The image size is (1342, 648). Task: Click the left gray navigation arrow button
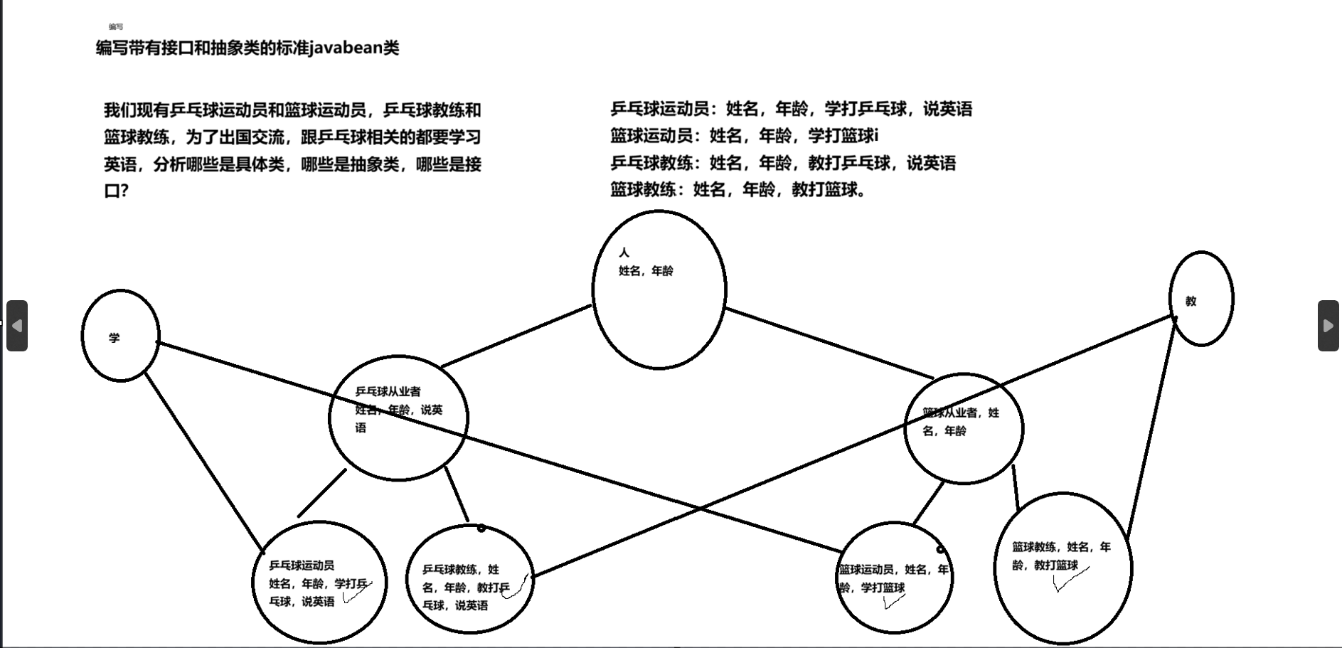click(17, 326)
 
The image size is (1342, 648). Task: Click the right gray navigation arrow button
click(1328, 326)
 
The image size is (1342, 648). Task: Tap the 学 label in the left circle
click(115, 338)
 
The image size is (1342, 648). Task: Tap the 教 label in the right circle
click(1191, 302)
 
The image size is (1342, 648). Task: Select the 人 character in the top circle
click(624, 253)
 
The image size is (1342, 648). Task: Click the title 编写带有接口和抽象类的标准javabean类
click(247, 48)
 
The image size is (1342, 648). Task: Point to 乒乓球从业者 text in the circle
click(388, 391)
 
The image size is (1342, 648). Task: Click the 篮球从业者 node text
click(952, 413)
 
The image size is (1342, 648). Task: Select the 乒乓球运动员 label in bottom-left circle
click(302, 565)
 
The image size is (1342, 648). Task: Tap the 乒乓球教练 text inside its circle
click(449, 570)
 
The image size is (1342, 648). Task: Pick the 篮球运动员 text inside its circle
click(866, 570)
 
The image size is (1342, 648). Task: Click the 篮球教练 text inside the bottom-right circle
click(1034, 547)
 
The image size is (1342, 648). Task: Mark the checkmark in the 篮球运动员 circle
click(893, 602)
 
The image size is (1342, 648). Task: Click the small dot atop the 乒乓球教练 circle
click(481, 528)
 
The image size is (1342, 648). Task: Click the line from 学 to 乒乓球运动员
click(204, 462)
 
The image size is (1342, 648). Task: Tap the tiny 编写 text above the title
click(116, 27)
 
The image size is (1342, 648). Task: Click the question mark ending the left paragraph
click(124, 191)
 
